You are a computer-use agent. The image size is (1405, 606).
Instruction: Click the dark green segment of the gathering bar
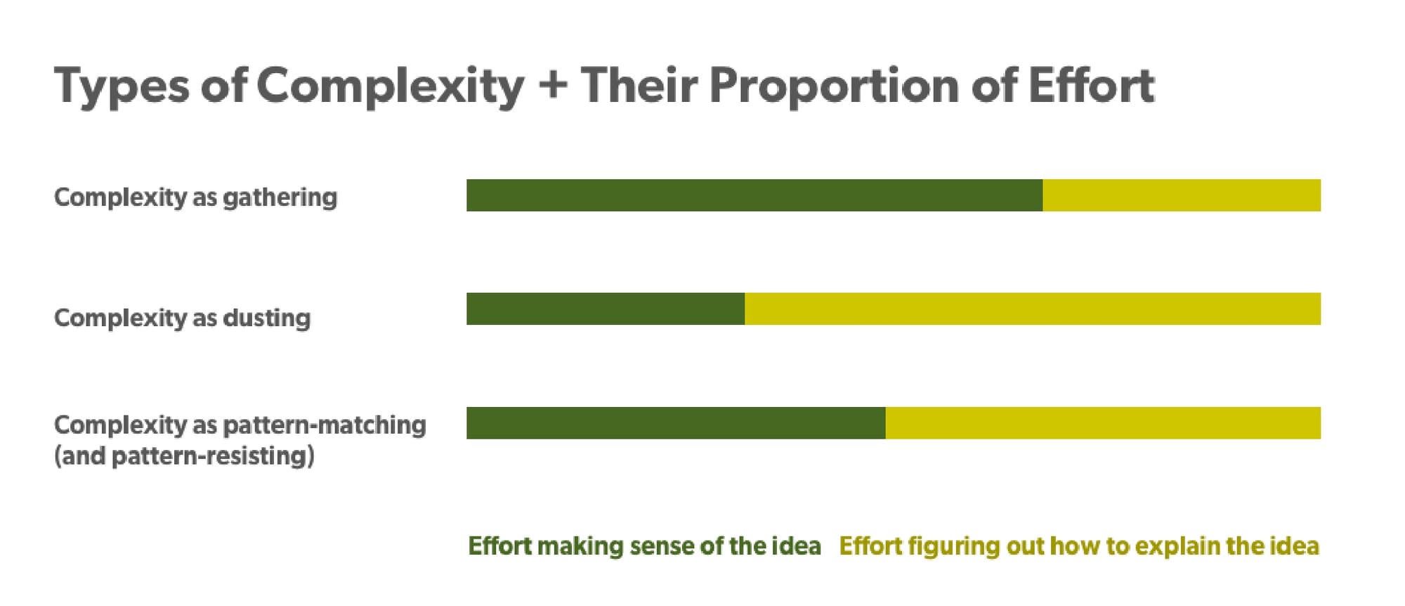(754, 195)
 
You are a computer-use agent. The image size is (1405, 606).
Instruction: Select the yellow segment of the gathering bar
(1182, 195)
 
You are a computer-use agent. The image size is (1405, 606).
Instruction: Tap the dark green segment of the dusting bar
(606, 309)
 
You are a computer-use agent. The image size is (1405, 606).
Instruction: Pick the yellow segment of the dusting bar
(1033, 309)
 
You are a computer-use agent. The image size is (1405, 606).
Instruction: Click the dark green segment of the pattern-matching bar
(676, 423)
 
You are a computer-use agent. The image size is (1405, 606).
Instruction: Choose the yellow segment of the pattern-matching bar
(1103, 423)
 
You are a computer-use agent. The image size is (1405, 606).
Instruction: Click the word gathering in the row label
(280, 198)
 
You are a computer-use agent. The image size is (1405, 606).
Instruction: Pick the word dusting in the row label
(267, 318)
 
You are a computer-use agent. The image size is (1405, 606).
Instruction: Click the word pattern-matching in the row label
(325, 426)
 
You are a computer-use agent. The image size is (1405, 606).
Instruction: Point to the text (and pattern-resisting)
(184, 456)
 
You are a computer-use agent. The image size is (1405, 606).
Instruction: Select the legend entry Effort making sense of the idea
(644, 546)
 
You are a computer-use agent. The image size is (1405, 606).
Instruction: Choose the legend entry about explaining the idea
(1079, 546)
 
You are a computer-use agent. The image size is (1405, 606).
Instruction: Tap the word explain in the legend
(1175, 547)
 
